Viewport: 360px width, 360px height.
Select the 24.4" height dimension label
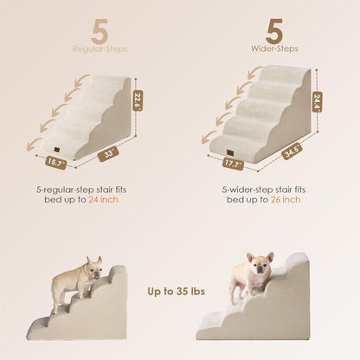click(x=318, y=102)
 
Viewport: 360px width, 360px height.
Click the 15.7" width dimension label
click(x=56, y=161)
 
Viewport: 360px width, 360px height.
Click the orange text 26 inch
click(x=287, y=199)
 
